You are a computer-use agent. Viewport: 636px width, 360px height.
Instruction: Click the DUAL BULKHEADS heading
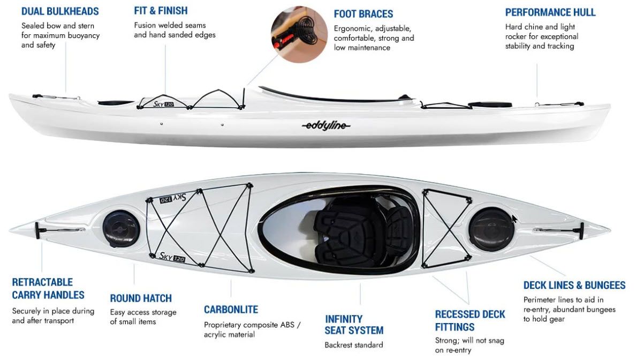pos(60,11)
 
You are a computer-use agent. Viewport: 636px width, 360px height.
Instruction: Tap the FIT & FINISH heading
pos(161,11)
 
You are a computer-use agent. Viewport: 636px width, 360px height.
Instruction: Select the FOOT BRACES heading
pos(363,14)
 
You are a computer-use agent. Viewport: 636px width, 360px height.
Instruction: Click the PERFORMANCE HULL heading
pos(550,12)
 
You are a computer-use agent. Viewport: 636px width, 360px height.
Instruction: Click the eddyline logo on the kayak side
pos(326,126)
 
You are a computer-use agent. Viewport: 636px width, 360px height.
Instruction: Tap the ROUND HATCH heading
pos(141,298)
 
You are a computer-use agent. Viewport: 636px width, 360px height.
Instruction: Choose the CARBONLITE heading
pos(231,310)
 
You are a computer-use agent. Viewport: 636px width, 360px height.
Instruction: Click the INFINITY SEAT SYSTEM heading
pos(354,325)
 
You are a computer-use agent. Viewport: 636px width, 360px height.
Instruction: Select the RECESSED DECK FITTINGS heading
pos(470,320)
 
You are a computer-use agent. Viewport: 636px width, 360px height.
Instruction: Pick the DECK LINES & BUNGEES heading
pos(574,286)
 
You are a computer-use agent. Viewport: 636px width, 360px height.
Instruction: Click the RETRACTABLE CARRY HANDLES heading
pos(48,288)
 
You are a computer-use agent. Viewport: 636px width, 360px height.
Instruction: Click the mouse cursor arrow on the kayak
pos(514,219)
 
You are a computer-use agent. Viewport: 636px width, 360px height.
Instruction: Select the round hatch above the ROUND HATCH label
pos(121,229)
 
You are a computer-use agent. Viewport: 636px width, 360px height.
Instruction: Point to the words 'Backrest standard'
pos(353,345)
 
